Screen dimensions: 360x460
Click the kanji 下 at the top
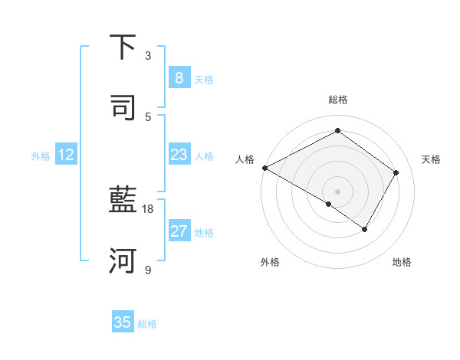[x=123, y=48]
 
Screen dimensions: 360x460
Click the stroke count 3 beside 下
[x=148, y=56]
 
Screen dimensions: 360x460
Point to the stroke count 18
[x=148, y=209]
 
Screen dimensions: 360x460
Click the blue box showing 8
[x=179, y=78]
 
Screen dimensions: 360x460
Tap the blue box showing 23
[x=179, y=155]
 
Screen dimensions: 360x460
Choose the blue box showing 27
[x=179, y=231]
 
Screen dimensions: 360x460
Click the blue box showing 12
[x=66, y=155]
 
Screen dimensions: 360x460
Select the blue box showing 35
[x=123, y=322]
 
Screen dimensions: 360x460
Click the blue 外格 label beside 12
[x=41, y=155]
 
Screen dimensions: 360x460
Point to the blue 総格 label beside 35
[x=147, y=323]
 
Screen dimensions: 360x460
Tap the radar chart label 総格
[x=337, y=100]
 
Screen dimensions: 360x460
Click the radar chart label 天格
[x=432, y=159]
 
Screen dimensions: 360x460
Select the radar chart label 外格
[x=270, y=262]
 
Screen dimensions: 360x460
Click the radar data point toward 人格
[x=264, y=168]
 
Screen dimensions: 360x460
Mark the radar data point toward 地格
[x=365, y=229]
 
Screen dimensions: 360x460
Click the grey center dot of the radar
[x=337, y=191]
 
